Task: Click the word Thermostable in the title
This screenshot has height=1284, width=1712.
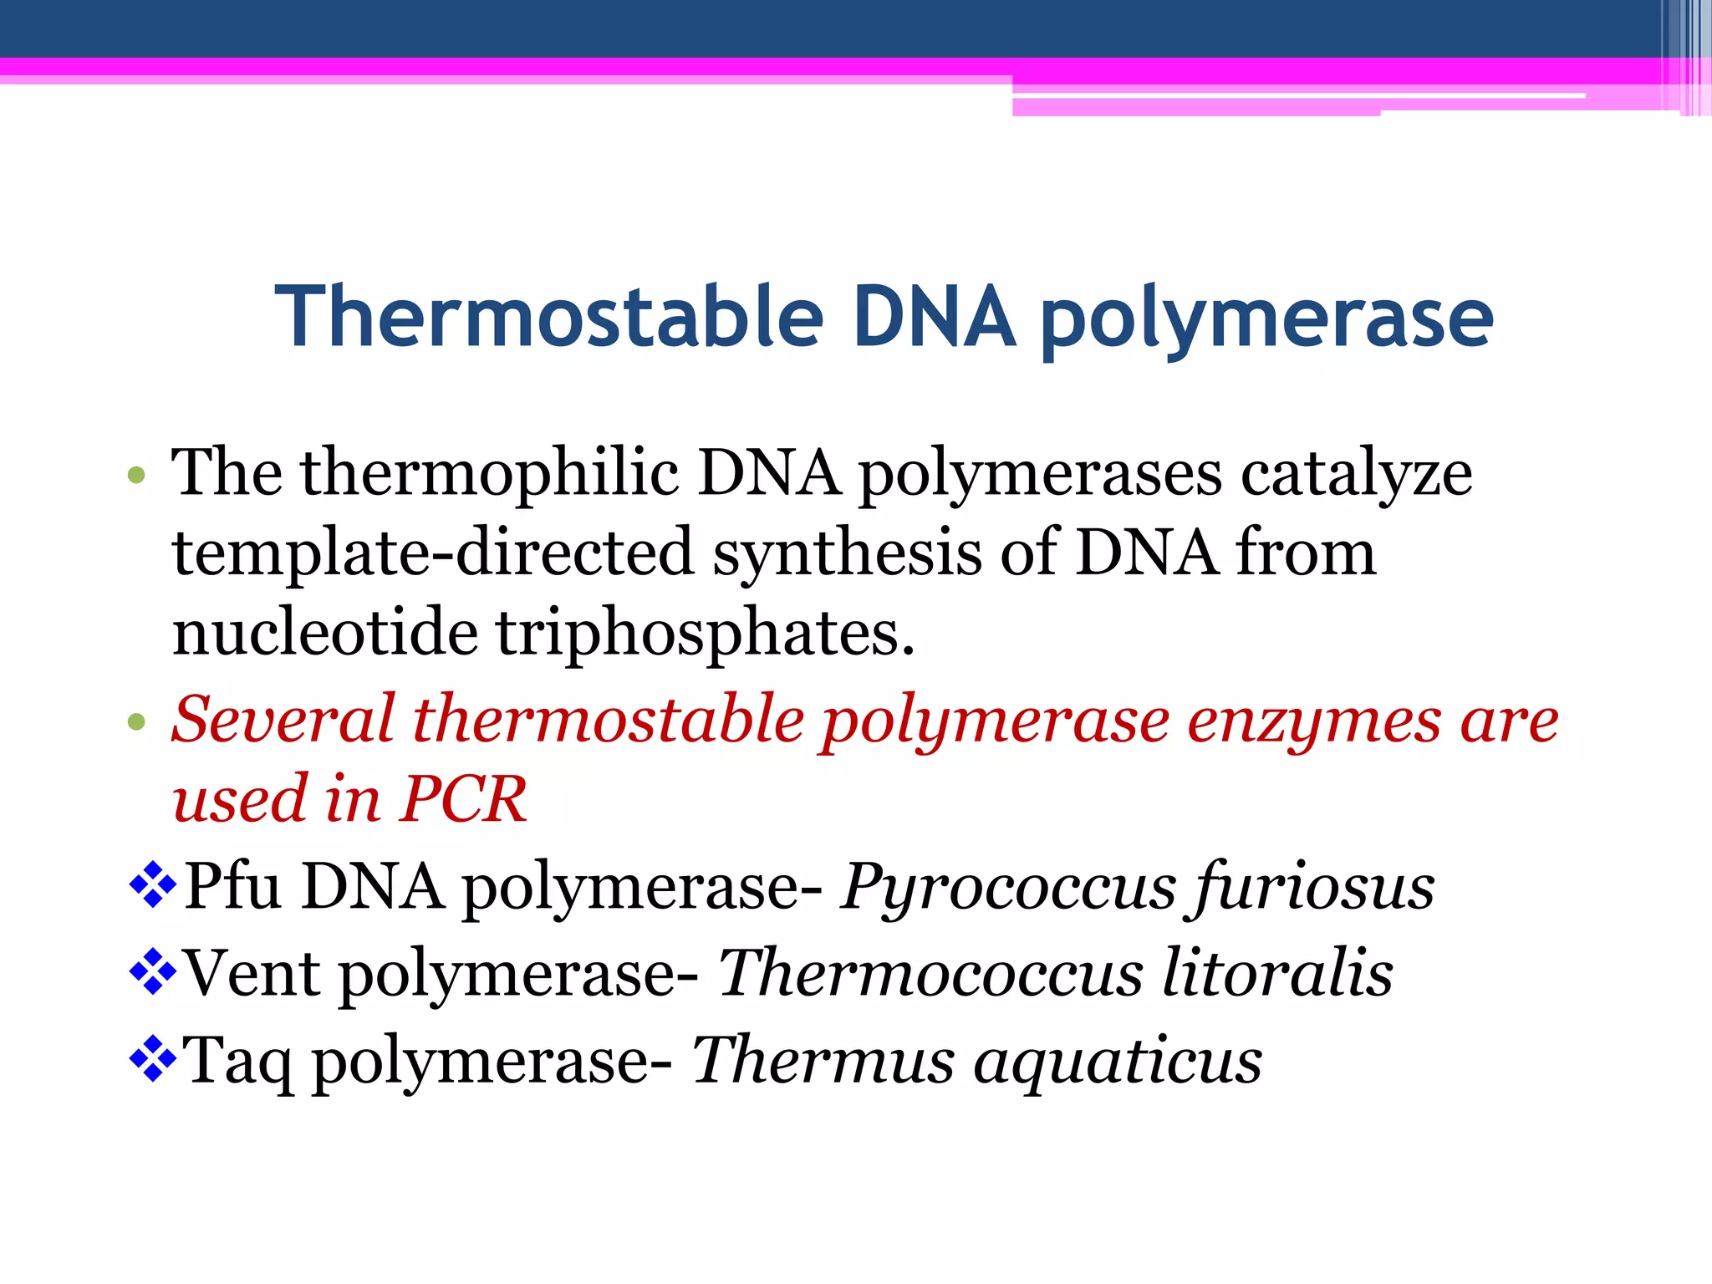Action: click(549, 318)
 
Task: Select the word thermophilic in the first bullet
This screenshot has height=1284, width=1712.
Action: click(489, 473)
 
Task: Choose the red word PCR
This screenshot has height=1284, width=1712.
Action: click(464, 799)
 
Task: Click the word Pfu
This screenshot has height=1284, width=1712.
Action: click(232, 886)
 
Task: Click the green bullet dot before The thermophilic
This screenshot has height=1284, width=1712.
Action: click(136, 476)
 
